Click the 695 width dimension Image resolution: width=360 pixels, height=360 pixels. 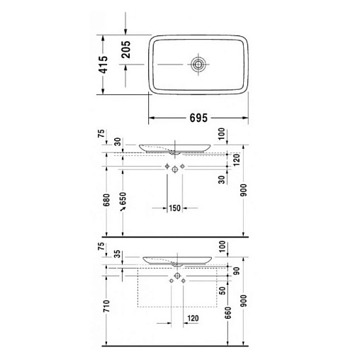click(x=198, y=118)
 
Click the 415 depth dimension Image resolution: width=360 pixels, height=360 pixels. click(x=103, y=64)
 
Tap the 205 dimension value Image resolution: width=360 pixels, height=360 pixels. click(x=125, y=50)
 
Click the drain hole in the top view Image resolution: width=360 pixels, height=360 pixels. click(x=198, y=64)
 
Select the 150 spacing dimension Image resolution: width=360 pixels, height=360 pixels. click(x=174, y=208)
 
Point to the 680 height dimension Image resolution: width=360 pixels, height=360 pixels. click(x=107, y=200)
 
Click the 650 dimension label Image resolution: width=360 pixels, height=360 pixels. click(x=123, y=199)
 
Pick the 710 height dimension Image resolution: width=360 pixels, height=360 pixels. click(x=107, y=306)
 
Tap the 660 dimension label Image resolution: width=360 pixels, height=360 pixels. click(x=228, y=313)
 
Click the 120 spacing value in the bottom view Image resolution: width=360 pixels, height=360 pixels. click(x=193, y=318)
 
